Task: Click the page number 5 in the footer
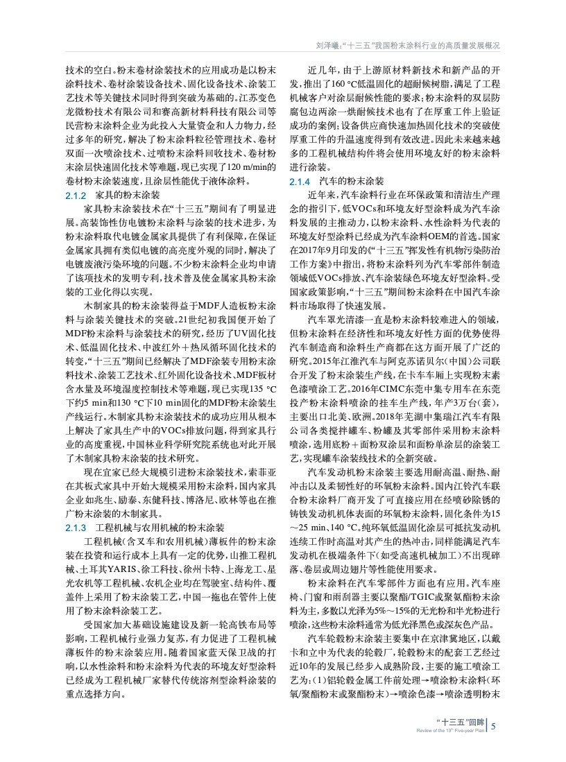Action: (x=493, y=727)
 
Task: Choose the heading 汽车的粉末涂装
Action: (x=345, y=181)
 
